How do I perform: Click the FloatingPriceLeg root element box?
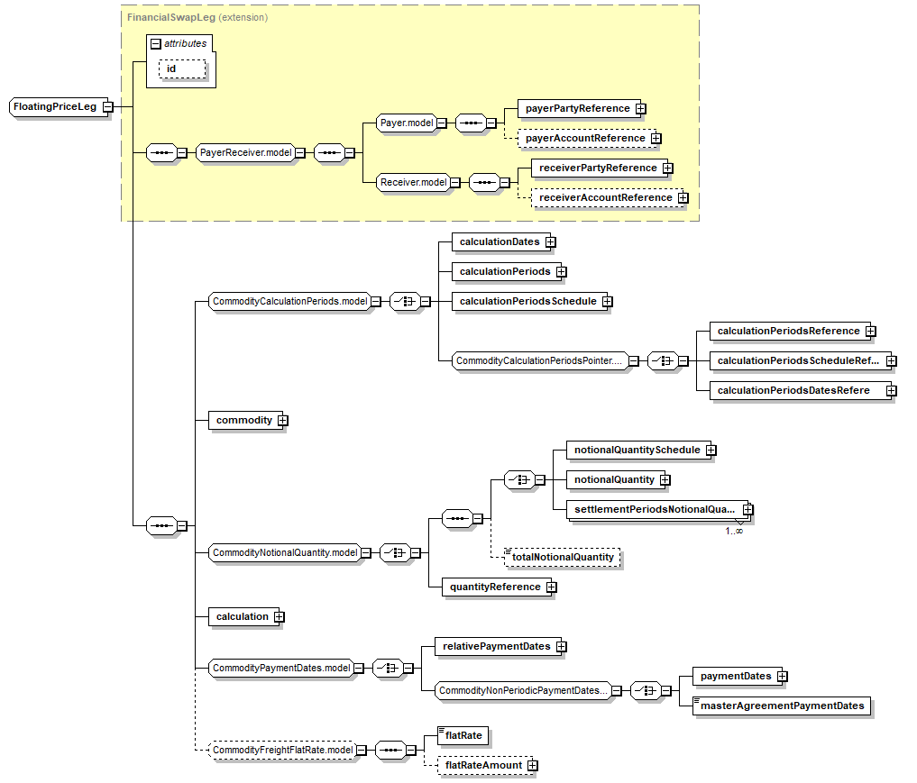[x=54, y=106]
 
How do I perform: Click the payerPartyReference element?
[x=577, y=108]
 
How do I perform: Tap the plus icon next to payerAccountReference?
[x=656, y=139]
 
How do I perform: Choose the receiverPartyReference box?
[x=592, y=168]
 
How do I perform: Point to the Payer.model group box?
[x=406, y=123]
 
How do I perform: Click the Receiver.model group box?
[x=413, y=182]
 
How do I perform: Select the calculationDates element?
[x=499, y=241]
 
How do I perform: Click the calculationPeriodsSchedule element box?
[x=527, y=301]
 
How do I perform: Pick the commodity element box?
[x=243, y=420]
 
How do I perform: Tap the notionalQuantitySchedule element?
[x=636, y=449]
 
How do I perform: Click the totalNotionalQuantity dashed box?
[x=563, y=558]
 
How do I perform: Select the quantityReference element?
[x=494, y=587]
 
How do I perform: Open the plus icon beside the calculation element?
[x=280, y=617]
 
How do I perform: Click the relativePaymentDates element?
[x=491, y=646]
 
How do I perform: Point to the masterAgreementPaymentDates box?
[x=782, y=706]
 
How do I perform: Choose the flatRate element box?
[x=463, y=735]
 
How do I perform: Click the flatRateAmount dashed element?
[x=484, y=765]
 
